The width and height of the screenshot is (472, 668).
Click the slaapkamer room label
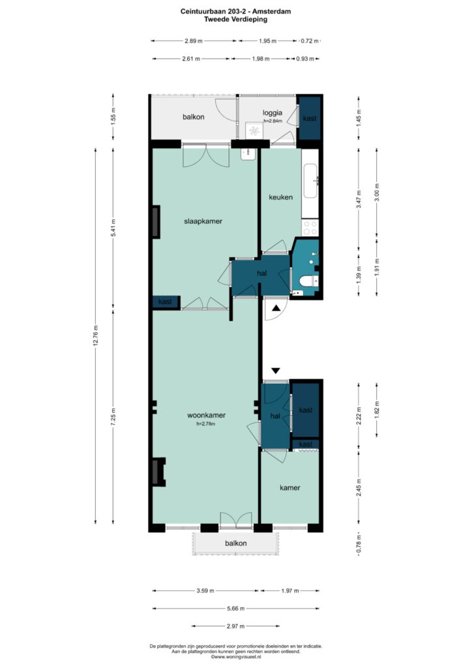[x=203, y=221]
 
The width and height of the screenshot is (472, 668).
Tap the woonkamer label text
[x=206, y=415]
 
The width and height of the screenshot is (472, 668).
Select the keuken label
[x=280, y=197]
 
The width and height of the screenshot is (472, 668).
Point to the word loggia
[x=272, y=112]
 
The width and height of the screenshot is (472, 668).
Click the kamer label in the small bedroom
[x=289, y=487]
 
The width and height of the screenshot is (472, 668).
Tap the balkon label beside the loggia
[x=194, y=117]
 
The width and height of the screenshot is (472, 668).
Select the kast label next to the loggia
[x=310, y=118]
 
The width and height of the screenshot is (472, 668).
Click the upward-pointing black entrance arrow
[x=276, y=307]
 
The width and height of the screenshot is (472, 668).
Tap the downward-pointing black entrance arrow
[x=276, y=371]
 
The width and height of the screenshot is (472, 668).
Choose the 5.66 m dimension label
[x=236, y=609]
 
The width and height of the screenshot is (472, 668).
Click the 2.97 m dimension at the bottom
[x=236, y=627]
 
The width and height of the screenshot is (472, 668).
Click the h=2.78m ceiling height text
[x=206, y=424]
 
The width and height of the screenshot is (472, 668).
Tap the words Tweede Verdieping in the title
[x=235, y=20]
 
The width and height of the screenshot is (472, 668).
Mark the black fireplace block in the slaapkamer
[x=156, y=222]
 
